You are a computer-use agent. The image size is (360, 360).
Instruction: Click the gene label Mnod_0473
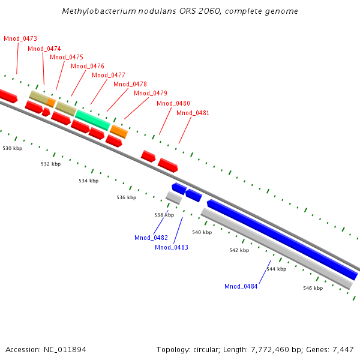click(20, 38)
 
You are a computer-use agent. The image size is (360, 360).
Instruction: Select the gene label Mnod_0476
click(88, 66)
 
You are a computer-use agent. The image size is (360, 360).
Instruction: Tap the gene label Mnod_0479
click(151, 93)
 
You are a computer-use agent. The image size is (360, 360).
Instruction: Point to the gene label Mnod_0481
click(193, 113)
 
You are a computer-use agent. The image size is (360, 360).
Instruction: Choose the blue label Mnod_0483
click(172, 247)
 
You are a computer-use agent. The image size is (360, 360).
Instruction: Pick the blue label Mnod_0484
click(241, 286)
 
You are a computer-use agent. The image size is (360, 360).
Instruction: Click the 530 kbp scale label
click(13, 148)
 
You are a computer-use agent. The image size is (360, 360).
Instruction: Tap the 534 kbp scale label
click(88, 181)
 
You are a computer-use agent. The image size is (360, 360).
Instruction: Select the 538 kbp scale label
click(164, 215)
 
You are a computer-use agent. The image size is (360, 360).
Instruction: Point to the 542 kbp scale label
click(239, 250)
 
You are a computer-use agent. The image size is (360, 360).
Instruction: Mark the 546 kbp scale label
click(313, 288)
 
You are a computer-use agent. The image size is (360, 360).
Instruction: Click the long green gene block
click(92, 119)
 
